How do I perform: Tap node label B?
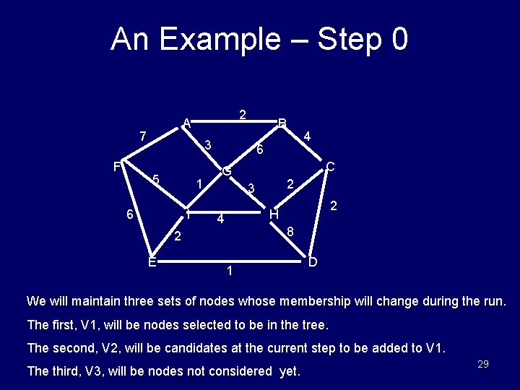click(283, 123)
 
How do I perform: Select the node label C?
click(329, 167)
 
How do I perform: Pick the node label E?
click(152, 261)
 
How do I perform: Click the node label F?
click(117, 167)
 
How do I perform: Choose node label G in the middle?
click(227, 172)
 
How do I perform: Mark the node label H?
click(274, 214)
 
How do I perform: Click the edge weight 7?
click(143, 136)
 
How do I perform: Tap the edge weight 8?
click(290, 232)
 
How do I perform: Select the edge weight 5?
click(156, 180)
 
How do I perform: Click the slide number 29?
click(483, 364)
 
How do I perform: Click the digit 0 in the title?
click(399, 39)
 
